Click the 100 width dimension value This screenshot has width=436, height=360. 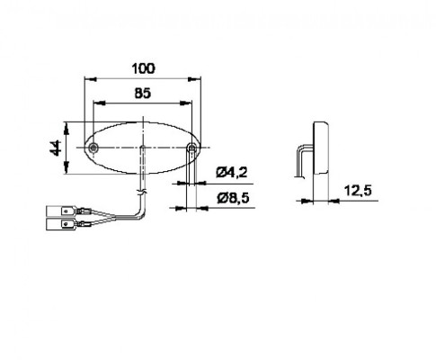pos(142,67)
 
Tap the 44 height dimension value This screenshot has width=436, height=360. pos(56,147)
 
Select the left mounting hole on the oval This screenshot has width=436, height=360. pos(94,146)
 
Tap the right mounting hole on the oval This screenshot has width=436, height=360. pos(191,146)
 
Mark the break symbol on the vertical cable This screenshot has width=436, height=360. pos(141,192)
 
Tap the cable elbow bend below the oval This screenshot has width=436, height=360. pos(139,212)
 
